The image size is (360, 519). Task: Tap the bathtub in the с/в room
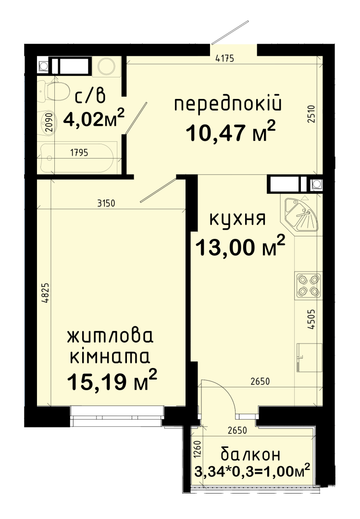click(78, 157)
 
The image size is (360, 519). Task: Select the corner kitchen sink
click(300, 213)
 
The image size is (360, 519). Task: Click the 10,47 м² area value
click(231, 131)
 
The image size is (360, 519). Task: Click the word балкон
click(250, 455)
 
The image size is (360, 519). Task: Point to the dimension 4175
click(224, 59)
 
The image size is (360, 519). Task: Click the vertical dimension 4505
click(311, 319)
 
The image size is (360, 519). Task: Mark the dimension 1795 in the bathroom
click(79, 153)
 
